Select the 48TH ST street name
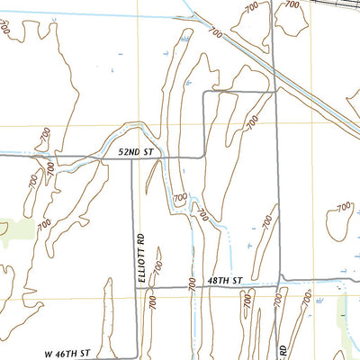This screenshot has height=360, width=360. [225, 282]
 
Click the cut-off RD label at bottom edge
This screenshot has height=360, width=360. [281, 348]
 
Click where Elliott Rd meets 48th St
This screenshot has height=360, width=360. [136, 287]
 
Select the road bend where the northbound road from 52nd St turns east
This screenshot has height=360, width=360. [204, 92]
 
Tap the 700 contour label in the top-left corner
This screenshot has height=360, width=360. [6, 27]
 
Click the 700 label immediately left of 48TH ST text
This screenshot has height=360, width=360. [193, 283]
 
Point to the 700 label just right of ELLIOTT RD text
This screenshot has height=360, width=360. [158, 267]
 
